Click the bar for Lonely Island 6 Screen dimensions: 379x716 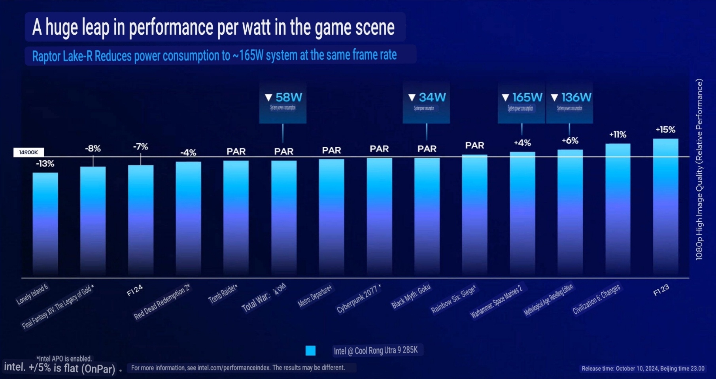[x=45, y=224]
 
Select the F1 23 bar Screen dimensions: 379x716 [x=665, y=207]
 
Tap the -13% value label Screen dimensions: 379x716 [x=45, y=164]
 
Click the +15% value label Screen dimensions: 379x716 [x=665, y=130]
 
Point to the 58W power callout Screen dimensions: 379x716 [x=283, y=98]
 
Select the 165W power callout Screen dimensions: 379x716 [x=522, y=98]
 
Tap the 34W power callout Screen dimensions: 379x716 [x=427, y=98]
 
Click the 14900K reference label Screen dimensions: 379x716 [x=28, y=152]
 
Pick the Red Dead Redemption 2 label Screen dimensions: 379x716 [x=162, y=302]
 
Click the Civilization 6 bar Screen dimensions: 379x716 [x=618, y=210]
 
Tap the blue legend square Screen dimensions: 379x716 [x=311, y=351]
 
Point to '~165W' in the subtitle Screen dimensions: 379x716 [x=248, y=55]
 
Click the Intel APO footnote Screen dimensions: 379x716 [x=64, y=358]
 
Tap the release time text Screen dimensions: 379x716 [x=643, y=368]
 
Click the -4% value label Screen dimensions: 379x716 [x=188, y=153]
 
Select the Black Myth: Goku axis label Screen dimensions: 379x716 [x=411, y=296]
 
